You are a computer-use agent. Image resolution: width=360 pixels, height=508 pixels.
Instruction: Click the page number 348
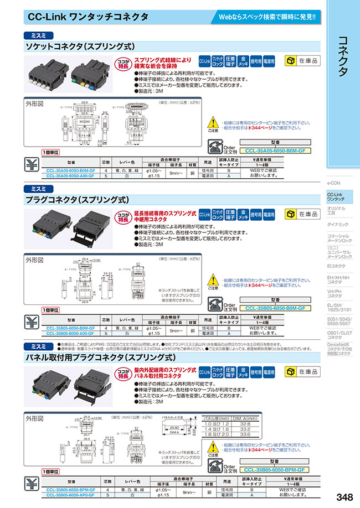(342, 496)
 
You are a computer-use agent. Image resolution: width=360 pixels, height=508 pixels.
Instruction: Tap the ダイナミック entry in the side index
(338, 224)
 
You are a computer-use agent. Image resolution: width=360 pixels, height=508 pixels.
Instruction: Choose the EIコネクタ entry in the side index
(336, 266)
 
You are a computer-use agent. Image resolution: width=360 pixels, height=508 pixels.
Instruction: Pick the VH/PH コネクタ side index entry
(335, 293)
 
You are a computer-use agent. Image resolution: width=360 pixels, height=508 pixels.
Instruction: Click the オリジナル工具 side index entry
(336, 210)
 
